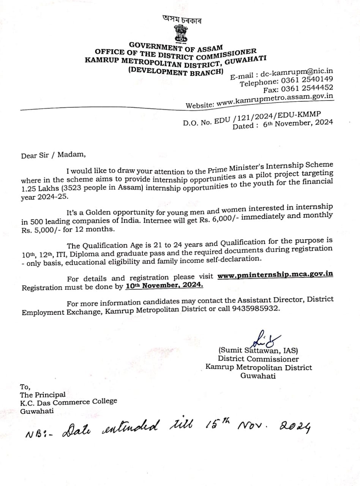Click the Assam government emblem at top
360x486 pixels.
click(x=181, y=33)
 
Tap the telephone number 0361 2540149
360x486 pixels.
click(x=307, y=80)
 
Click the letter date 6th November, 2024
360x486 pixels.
click(x=298, y=123)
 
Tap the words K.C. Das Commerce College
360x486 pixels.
click(x=69, y=401)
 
